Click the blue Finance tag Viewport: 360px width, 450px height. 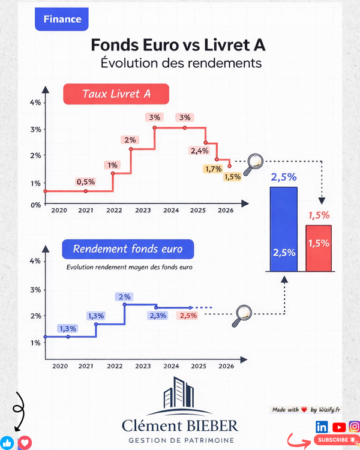point(62,19)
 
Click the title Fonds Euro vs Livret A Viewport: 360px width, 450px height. point(178,46)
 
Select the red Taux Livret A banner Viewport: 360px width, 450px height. point(116,94)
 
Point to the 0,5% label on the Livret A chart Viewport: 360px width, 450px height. point(85,182)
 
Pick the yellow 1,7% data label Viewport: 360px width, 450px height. point(212,169)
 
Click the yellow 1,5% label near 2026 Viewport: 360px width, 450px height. point(232,176)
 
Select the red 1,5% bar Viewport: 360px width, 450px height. point(319,248)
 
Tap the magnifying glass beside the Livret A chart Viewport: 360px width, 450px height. point(256,161)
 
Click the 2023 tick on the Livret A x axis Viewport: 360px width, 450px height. point(143,211)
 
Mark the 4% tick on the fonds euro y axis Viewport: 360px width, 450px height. point(35,261)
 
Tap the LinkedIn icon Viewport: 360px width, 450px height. point(322,427)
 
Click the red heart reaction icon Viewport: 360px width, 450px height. point(25,443)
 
